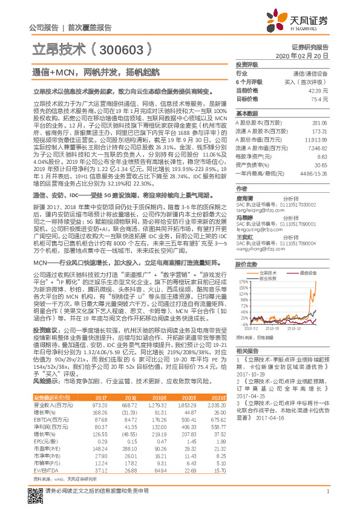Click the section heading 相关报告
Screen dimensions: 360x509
[247, 351]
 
